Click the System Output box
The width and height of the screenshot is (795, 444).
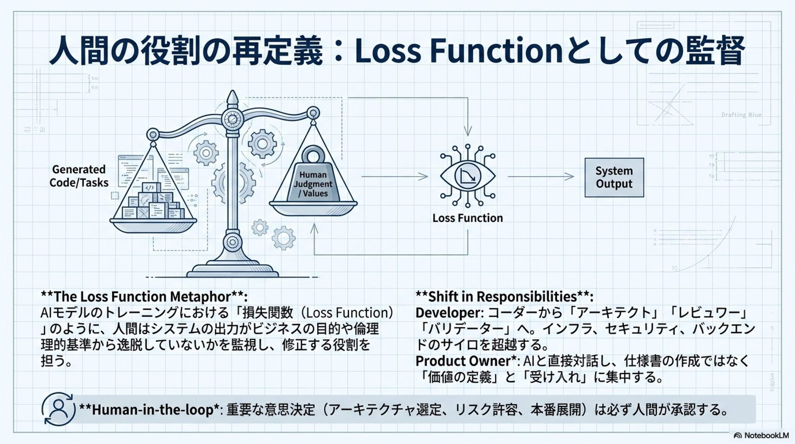click(614, 177)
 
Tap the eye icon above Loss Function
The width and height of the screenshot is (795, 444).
click(467, 176)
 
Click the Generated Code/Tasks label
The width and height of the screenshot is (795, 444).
click(79, 176)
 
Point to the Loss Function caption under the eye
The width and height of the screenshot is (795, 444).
click(467, 218)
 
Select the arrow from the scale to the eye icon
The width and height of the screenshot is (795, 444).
click(395, 176)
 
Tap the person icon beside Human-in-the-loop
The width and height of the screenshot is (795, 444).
click(58, 409)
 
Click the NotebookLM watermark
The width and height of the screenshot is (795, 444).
click(762, 435)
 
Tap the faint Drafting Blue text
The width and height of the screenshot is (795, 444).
click(741, 115)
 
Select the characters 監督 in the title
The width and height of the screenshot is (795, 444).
click(715, 51)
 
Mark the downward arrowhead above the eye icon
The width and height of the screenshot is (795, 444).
click(467, 132)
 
